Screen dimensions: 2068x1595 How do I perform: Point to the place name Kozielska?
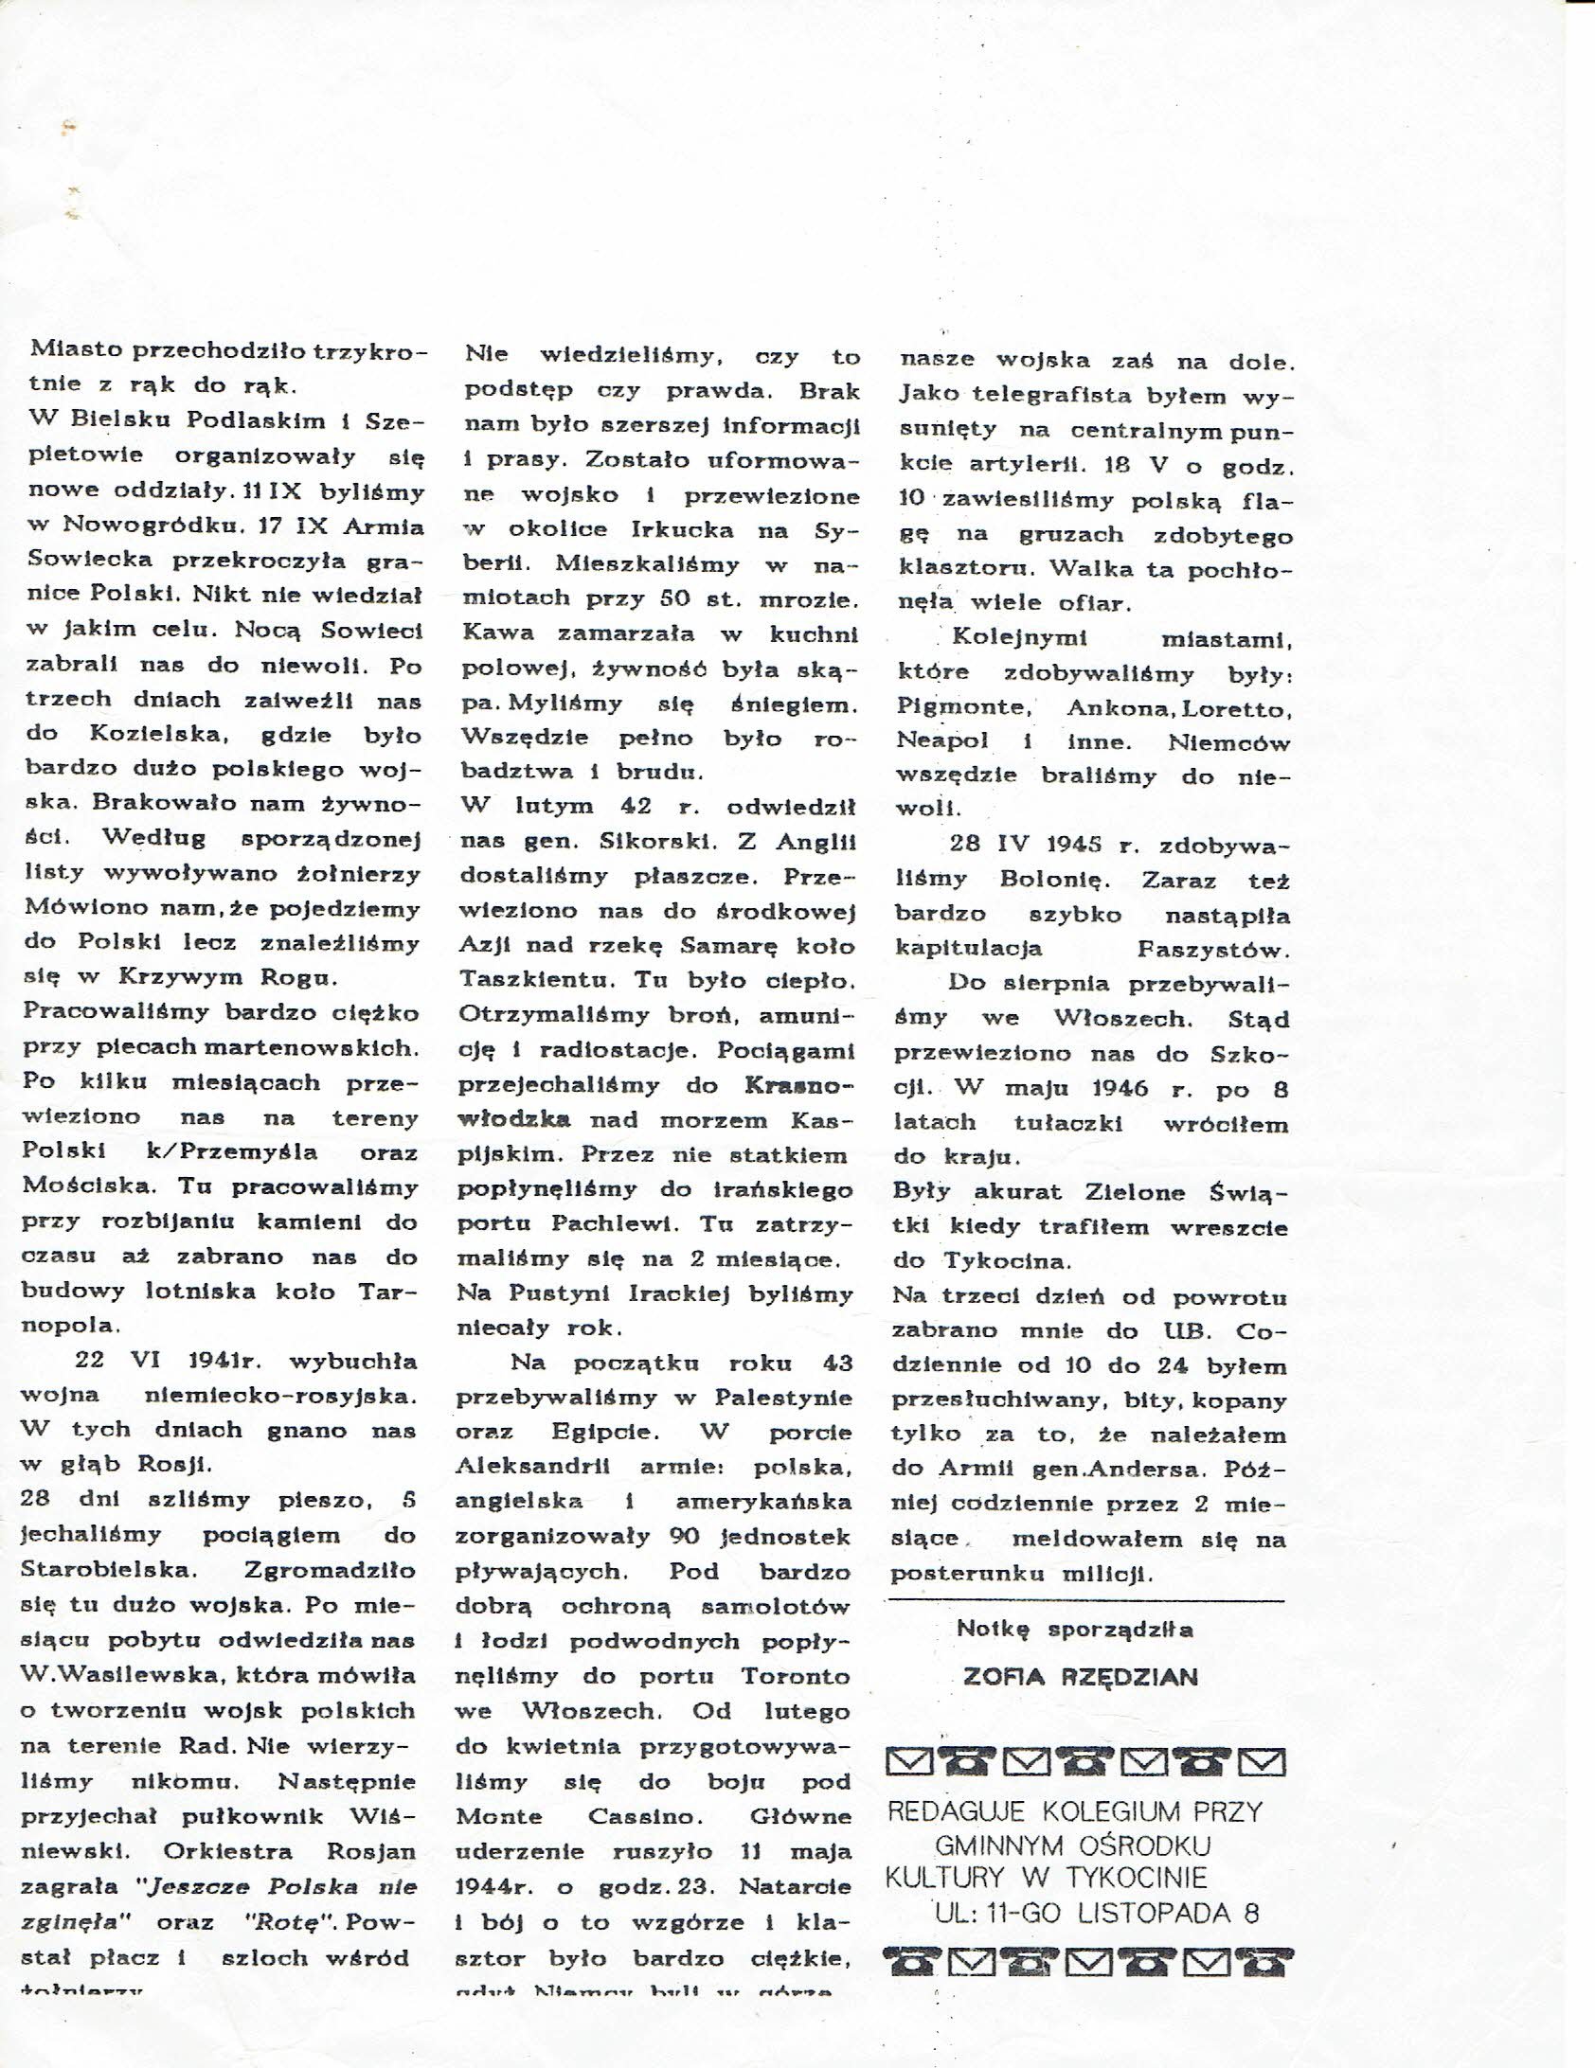coord(144,735)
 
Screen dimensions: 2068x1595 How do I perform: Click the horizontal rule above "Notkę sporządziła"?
coord(1086,1601)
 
